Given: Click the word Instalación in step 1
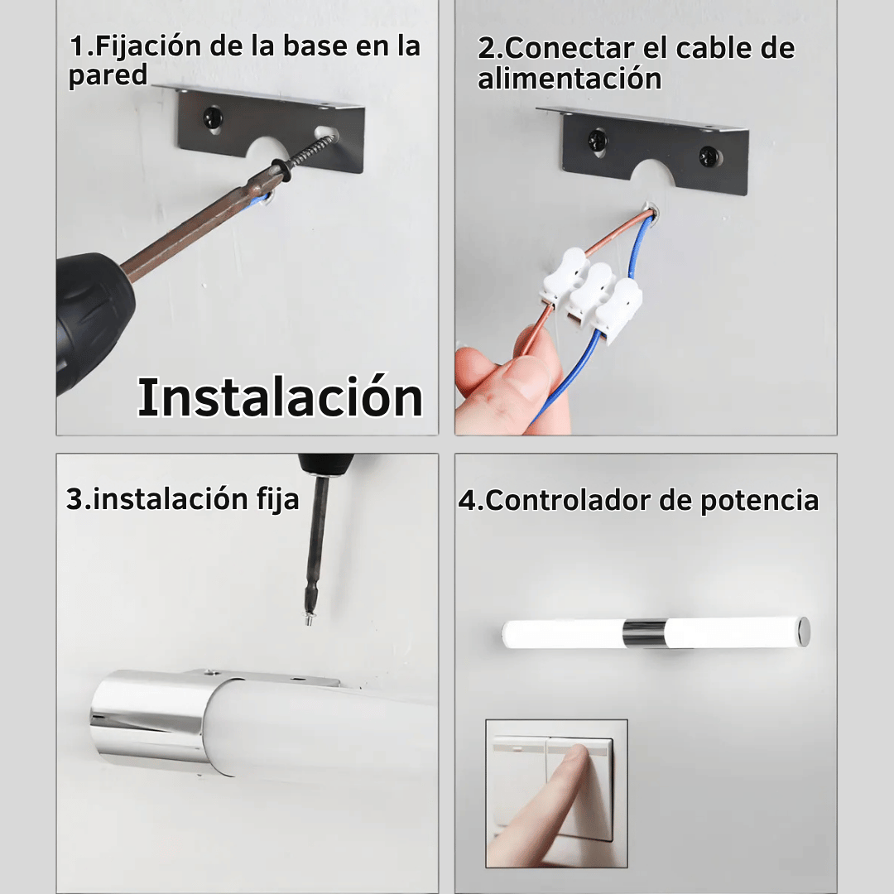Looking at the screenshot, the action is click(280, 397).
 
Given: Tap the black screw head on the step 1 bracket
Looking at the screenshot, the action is click(213, 118).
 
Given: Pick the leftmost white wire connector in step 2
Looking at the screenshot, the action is click(564, 276).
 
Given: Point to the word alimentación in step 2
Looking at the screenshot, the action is click(570, 79).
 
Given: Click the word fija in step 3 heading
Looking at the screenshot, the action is click(277, 499).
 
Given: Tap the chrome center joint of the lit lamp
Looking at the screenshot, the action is click(645, 633).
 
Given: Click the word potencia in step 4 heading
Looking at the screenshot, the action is click(759, 502).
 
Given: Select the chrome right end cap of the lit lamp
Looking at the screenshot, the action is click(803, 631).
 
